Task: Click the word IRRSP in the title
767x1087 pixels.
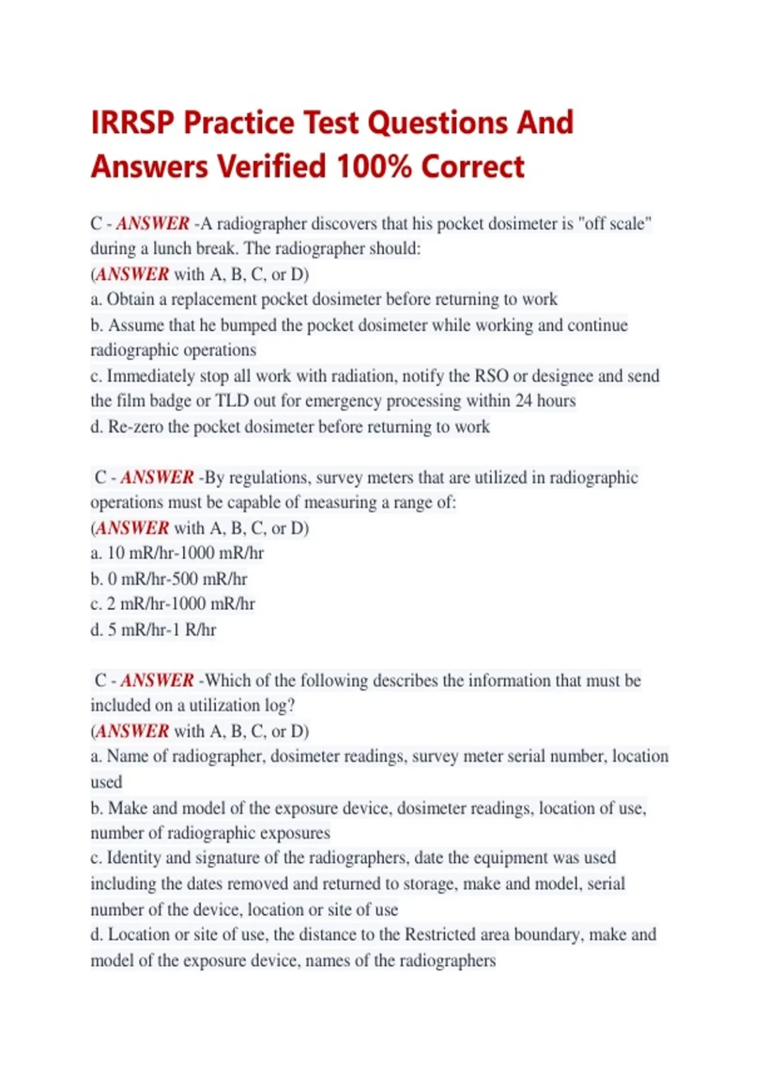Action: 132,123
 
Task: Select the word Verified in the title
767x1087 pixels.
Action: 272,167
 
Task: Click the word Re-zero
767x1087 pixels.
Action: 136,426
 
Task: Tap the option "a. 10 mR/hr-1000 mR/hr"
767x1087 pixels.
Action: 177,553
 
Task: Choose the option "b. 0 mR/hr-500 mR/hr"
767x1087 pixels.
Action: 169,579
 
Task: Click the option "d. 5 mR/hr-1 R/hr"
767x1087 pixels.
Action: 153,630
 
